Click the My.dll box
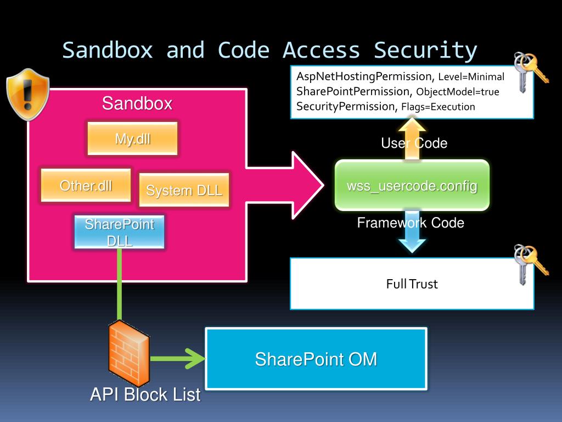132,138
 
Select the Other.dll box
86,186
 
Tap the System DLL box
184,190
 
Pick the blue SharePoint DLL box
119,232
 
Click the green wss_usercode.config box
412,186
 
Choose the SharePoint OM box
316,359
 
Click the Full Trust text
412,284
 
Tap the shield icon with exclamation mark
27,94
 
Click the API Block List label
145,395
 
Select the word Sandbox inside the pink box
137,103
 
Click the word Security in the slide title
425,50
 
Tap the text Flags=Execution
437,107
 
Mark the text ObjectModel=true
458,92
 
